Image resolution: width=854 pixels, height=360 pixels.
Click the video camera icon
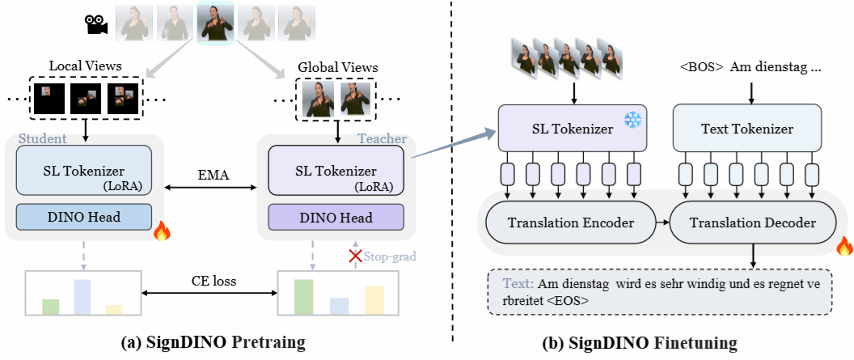(x=97, y=25)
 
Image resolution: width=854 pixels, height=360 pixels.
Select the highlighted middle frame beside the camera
(x=216, y=23)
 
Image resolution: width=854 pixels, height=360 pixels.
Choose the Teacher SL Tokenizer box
(x=336, y=171)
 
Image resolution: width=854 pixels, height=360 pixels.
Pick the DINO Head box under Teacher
(x=336, y=217)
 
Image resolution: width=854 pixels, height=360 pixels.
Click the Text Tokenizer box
(x=747, y=129)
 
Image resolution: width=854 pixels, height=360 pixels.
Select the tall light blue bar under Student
(x=82, y=296)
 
